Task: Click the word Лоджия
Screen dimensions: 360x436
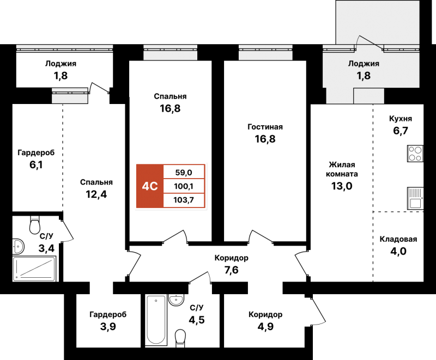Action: tap(364, 64)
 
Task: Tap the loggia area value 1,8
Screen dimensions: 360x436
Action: tap(364, 76)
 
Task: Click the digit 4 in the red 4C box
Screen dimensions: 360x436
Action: tap(146, 186)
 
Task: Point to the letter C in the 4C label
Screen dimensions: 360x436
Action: tap(154, 186)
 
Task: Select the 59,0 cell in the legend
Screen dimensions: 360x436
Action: tap(184, 173)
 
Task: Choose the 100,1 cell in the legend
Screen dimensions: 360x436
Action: tap(184, 186)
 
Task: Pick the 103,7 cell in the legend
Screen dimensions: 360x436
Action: tap(184, 200)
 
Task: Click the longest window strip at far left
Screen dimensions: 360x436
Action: tap(64, 48)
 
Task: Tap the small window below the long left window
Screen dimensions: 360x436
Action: tap(69, 95)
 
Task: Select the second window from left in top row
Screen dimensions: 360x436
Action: tap(170, 52)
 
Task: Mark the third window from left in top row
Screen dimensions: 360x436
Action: tap(265, 52)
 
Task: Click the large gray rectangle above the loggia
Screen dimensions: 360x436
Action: tap(377, 22)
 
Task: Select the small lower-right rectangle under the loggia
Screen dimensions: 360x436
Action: tap(368, 96)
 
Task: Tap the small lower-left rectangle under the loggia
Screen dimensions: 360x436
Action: tap(340, 96)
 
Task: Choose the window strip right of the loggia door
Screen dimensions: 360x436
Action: tap(401, 48)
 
